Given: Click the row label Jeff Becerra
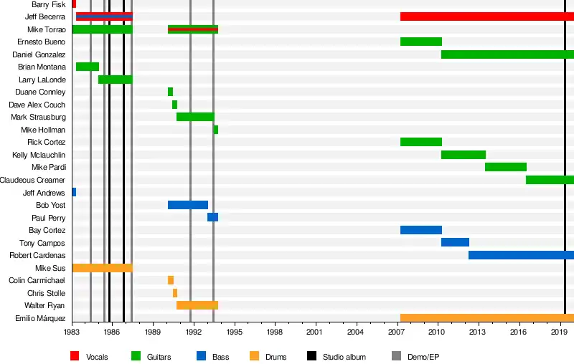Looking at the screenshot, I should pos(45,16).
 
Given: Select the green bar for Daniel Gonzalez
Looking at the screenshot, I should pos(507,54).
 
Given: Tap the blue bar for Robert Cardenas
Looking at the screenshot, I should pos(521,255).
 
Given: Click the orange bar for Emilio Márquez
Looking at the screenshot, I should pos(486,318).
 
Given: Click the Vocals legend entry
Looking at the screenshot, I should pos(97,356).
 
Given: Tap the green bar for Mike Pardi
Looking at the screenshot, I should pos(506,167).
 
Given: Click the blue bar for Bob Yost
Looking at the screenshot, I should pos(188,205).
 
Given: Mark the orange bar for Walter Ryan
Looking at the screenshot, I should pos(197,305).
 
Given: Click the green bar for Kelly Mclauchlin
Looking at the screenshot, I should pos(464,155).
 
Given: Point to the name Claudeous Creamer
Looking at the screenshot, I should pos(33,180).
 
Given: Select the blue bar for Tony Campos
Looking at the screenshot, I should pos(455,243).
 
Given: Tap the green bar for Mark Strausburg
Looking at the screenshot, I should pos(195,117).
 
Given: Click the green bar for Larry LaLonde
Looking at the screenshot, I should pos(116,80).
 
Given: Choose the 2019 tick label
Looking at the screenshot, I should pos(559,332).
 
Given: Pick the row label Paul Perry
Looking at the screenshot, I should pos(49,218).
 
